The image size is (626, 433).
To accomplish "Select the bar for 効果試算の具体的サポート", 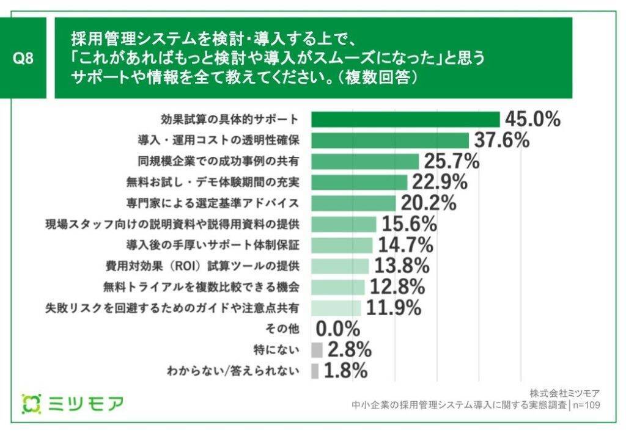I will coord(405,119).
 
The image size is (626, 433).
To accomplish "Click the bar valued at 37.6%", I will coord(390,140).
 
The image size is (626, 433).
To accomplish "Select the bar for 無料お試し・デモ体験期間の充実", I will coord(359,182).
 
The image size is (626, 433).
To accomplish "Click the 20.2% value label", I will coord(429,203).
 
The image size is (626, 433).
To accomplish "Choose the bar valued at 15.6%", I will coord(344,224).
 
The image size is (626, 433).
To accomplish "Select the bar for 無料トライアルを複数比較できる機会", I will coord(338,287).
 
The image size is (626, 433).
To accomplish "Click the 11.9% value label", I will coord(393,308).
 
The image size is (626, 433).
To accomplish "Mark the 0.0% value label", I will coord(338,329).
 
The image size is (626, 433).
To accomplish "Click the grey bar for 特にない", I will coord(317,350).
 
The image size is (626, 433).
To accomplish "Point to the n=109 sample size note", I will coord(585,404).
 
